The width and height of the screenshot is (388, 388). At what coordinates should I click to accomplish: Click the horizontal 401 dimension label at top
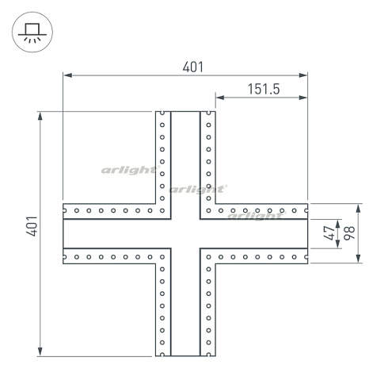(x=193, y=67)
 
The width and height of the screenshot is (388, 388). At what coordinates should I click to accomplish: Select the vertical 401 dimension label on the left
(x=32, y=226)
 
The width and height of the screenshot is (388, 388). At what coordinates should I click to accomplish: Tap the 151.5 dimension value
(x=264, y=89)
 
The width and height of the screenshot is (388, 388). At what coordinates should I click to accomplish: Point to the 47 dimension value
(x=329, y=233)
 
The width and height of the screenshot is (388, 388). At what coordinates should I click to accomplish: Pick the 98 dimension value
(x=349, y=233)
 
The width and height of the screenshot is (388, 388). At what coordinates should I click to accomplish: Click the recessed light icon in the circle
(x=32, y=33)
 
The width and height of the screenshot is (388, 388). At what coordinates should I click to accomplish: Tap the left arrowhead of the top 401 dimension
(x=68, y=75)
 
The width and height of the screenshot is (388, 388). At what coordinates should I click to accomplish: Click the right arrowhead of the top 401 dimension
(x=303, y=75)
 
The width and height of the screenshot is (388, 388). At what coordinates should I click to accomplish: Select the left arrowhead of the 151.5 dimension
(x=220, y=98)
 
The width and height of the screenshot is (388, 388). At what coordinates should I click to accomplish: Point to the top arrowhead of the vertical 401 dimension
(x=40, y=116)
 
